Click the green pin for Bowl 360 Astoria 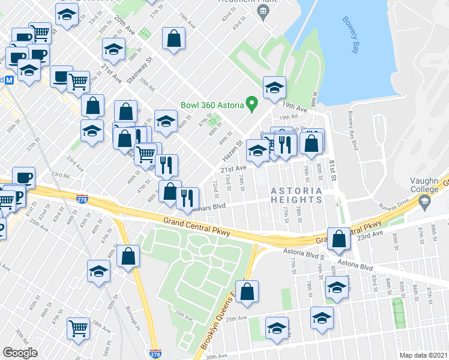(253, 105)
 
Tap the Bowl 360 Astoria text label (212, 106)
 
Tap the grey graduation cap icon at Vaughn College (425, 204)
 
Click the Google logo (20, 352)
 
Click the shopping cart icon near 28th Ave (79, 328)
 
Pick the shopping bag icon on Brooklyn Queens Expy (247, 292)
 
